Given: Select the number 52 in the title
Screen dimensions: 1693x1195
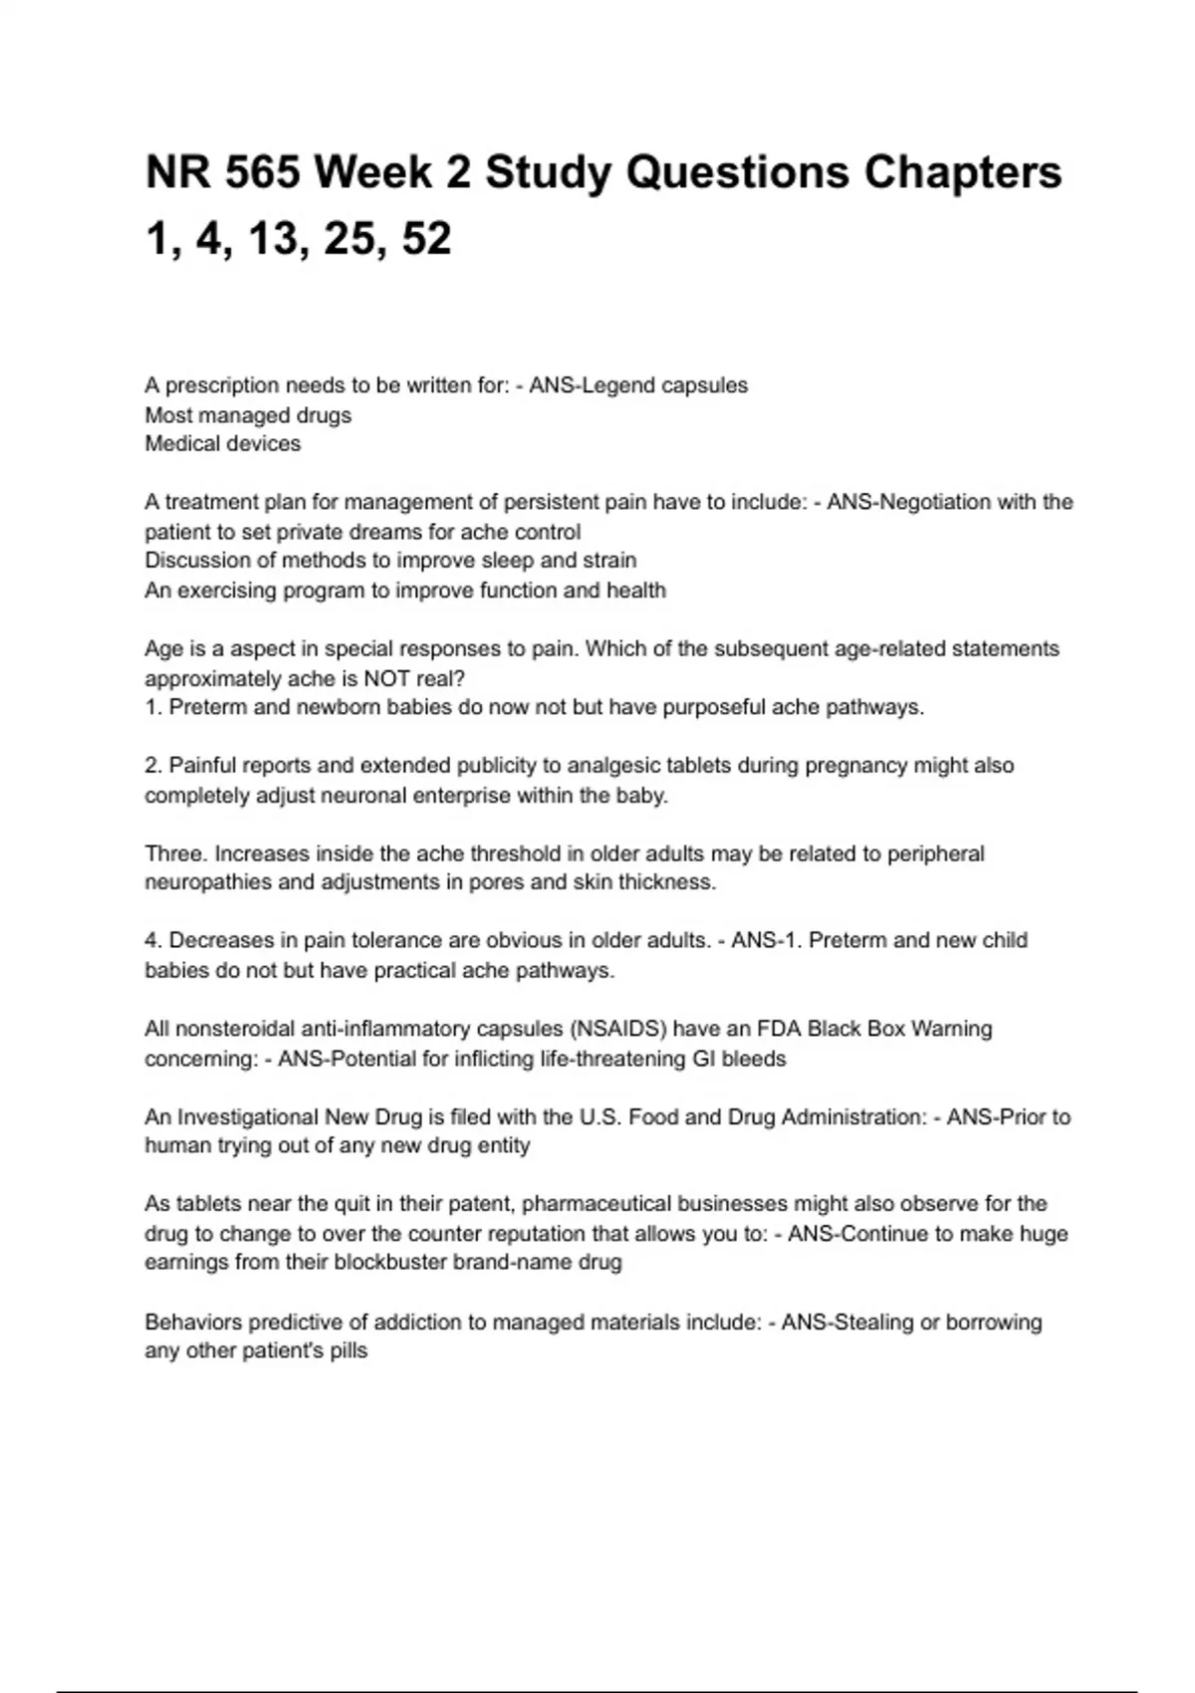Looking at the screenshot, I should click(427, 238).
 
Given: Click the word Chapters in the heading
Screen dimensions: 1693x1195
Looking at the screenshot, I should click(963, 172).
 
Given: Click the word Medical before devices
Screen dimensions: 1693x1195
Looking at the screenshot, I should click(182, 444).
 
